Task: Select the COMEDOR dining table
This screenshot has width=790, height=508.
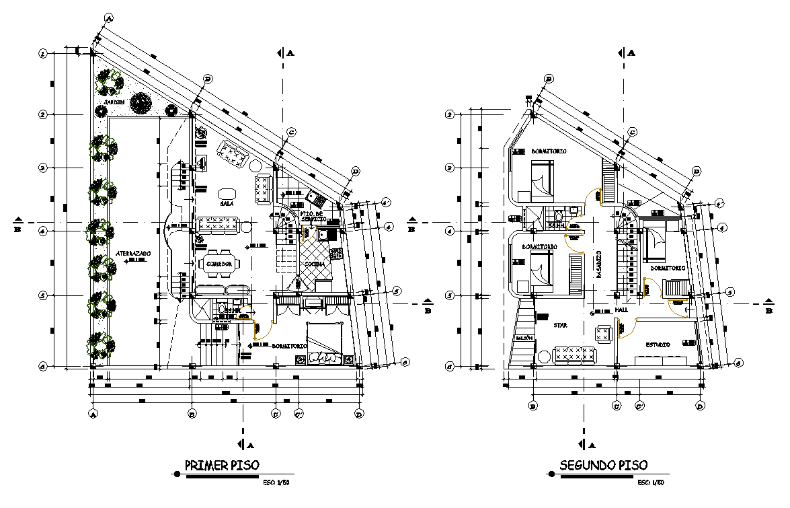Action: (219, 264)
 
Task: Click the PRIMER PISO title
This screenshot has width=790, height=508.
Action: (217, 464)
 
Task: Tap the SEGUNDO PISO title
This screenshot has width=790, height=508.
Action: (603, 464)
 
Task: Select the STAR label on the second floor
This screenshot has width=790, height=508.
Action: (560, 326)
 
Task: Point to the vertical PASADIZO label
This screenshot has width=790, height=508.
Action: (598, 264)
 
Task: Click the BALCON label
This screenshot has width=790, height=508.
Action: (524, 338)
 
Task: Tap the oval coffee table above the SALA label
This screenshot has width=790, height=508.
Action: (227, 190)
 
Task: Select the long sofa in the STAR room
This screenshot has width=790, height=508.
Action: (575, 355)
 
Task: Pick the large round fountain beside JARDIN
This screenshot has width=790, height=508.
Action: (141, 103)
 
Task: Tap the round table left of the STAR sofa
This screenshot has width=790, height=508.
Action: (543, 356)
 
